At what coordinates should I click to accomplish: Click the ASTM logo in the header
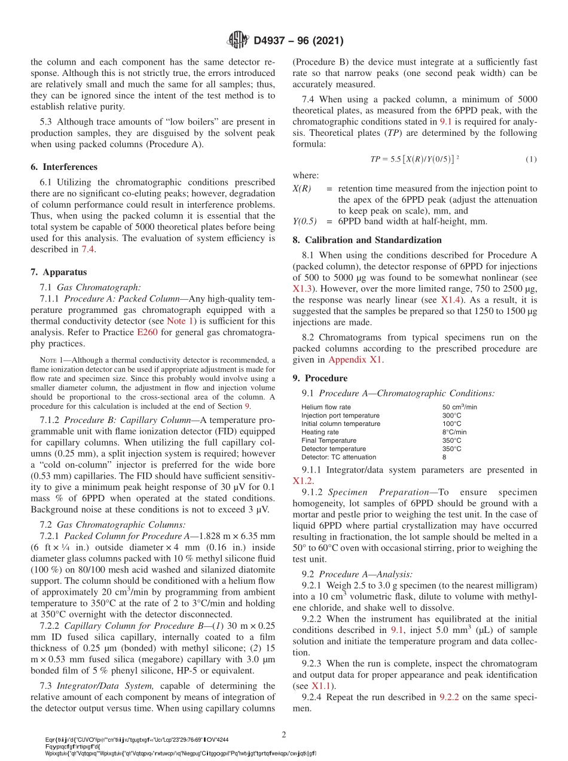(239, 41)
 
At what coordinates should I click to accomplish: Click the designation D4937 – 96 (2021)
(298, 41)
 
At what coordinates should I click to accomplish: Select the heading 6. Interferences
(64, 167)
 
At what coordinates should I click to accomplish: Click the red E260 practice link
(147, 333)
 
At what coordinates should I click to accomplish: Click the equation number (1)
(531, 159)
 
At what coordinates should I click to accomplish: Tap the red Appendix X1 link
(355, 360)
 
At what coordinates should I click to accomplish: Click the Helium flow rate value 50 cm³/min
(459, 407)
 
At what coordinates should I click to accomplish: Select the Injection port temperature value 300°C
(452, 416)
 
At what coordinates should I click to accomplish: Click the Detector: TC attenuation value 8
(444, 457)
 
